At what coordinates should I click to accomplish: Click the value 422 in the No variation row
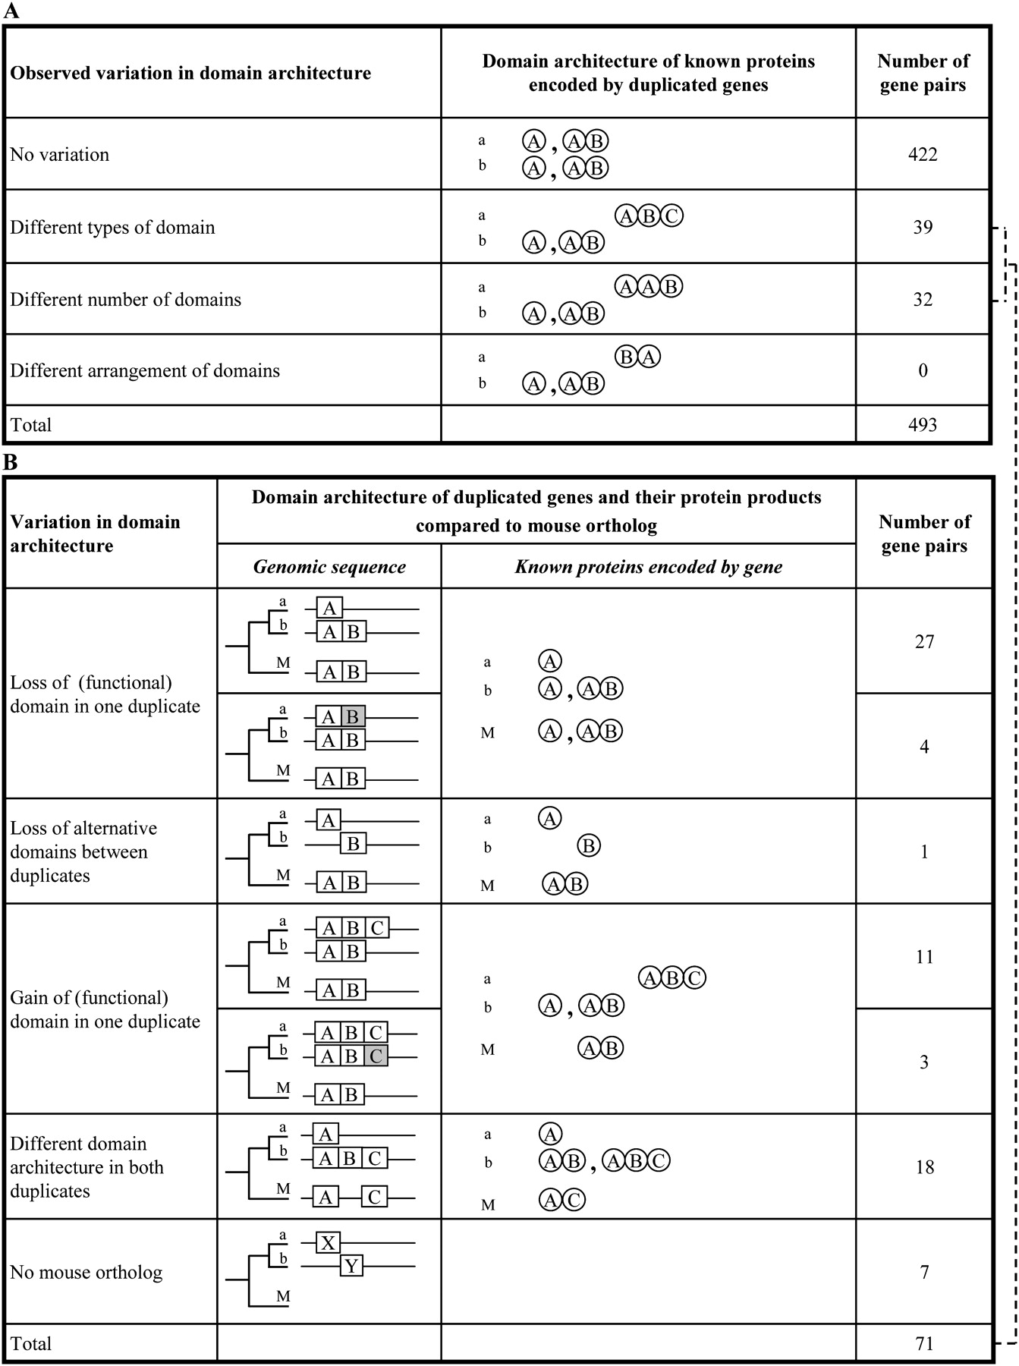(923, 155)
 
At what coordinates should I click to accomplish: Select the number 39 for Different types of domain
(923, 227)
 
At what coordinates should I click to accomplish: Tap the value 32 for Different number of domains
(923, 299)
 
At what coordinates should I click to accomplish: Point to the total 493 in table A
(923, 425)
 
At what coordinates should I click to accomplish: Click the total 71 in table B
(924, 1344)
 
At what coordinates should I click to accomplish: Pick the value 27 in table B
(924, 642)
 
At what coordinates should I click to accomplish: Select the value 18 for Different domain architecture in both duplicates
(924, 1167)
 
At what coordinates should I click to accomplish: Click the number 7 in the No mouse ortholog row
(924, 1272)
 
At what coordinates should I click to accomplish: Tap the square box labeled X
(328, 1243)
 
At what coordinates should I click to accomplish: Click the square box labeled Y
(351, 1266)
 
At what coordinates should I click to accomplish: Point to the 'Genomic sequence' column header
(329, 567)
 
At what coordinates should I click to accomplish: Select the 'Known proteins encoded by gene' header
(648, 567)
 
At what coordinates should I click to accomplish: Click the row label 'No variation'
(60, 155)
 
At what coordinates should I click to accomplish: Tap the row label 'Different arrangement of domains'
(145, 371)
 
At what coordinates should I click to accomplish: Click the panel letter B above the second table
(11, 462)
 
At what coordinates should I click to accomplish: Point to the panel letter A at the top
(11, 11)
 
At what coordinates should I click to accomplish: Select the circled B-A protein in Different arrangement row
(637, 357)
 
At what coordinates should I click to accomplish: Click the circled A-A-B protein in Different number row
(649, 286)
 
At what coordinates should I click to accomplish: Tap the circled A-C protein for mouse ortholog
(562, 1201)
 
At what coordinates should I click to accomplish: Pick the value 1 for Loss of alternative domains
(924, 851)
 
